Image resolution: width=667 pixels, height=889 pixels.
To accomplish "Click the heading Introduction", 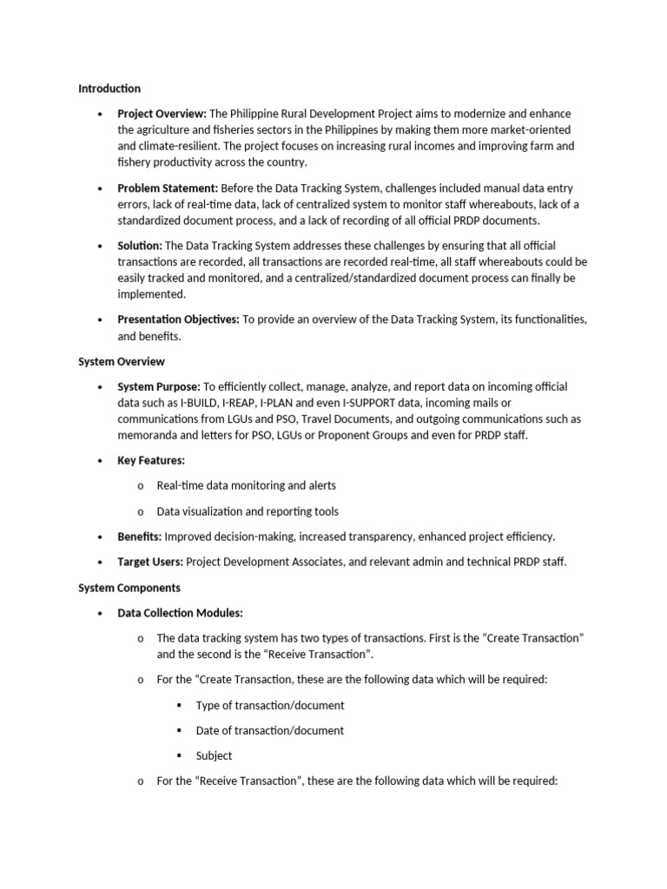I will coord(109,89).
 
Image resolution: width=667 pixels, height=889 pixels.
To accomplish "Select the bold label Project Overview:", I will coord(162,114).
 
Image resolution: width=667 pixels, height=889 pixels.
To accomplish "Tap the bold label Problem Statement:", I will coord(168,188).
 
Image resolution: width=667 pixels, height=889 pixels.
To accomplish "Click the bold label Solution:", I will coord(140,246).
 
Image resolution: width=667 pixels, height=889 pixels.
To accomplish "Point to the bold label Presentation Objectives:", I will coord(178,319).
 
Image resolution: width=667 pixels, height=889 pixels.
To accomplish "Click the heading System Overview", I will coord(122,361).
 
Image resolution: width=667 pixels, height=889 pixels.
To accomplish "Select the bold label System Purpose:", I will coord(159,386).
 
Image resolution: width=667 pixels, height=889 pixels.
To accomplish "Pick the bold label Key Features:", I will coord(151,460).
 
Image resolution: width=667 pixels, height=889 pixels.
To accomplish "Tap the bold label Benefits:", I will coord(140,537).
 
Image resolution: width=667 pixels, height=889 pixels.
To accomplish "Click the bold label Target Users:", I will coord(150,562).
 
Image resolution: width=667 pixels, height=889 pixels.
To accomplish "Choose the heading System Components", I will coord(129,588).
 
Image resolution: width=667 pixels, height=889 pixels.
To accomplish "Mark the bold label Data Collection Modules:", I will coord(181,613).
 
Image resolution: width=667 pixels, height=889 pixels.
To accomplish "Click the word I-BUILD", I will coord(201,403).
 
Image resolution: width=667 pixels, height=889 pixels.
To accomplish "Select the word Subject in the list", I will coord(214,755).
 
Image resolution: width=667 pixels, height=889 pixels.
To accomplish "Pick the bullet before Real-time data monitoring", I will coord(139,486).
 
